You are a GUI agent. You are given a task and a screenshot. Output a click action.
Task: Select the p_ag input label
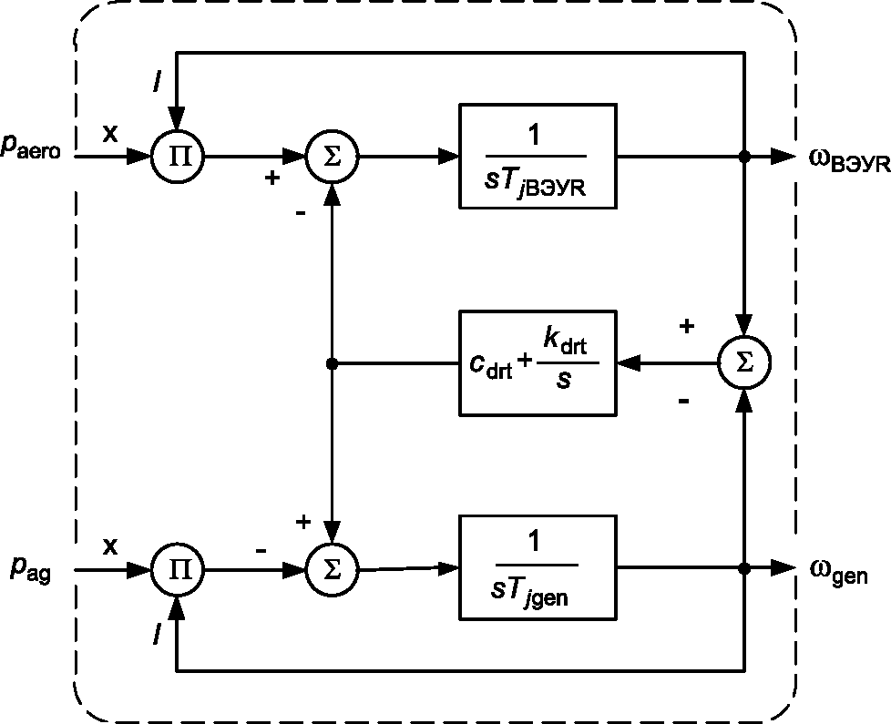[x=31, y=568]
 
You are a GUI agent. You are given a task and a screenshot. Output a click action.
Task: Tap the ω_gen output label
[x=839, y=571]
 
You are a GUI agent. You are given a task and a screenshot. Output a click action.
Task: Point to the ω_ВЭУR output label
[x=849, y=160]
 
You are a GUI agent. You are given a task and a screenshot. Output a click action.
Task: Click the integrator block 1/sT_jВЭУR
[x=538, y=156]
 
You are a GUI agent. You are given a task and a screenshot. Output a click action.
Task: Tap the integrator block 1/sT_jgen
[x=538, y=568]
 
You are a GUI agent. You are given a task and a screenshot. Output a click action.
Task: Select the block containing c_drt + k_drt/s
[x=538, y=362]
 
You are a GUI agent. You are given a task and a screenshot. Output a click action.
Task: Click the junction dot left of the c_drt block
[x=333, y=363]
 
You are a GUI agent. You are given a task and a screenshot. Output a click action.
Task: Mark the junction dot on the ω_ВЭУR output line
[x=744, y=156]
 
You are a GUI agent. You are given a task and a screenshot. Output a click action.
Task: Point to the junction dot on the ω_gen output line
[x=744, y=568]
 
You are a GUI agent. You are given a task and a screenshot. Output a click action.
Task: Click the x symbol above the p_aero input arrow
[x=110, y=134]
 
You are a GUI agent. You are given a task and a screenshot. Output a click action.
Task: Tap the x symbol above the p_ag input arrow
[x=110, y=546]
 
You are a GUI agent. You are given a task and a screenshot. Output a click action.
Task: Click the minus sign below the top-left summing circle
[x=301, y=213]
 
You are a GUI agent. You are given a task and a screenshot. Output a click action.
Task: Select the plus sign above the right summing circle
[x=686, y=326]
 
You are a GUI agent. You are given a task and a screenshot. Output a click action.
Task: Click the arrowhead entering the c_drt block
[x=629, y=362]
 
